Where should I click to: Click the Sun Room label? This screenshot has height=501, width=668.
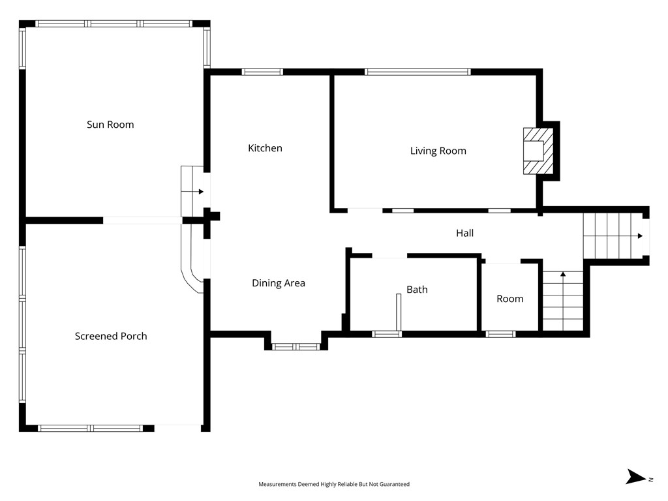tap(110, 125)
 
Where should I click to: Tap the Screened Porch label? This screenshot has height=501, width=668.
tap(111, 336)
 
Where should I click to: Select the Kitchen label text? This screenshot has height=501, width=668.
tap(265, 148)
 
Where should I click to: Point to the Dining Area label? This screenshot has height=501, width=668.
tap(279, 283)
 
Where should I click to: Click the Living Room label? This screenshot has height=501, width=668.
tap(438, 151)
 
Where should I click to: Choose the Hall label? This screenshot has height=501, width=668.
tap(464, 233)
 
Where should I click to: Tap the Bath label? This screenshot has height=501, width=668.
tap(417, 289)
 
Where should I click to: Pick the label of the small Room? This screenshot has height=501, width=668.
tap(509, 299)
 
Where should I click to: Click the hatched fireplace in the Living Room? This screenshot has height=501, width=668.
tap(538, 151)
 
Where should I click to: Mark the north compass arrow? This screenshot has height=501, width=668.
tap(636, 477)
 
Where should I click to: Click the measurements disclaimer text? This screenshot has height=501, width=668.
tap(334, 484)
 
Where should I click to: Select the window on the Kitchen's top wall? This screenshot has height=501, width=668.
tap(262, 72)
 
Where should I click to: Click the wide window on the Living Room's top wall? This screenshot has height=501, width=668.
tap(417, 72)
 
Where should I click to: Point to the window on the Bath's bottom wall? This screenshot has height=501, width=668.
tap(387, 334)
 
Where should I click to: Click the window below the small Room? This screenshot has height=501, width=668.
tap(500, 334)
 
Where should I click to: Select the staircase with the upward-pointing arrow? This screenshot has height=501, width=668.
tap(562, 301)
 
